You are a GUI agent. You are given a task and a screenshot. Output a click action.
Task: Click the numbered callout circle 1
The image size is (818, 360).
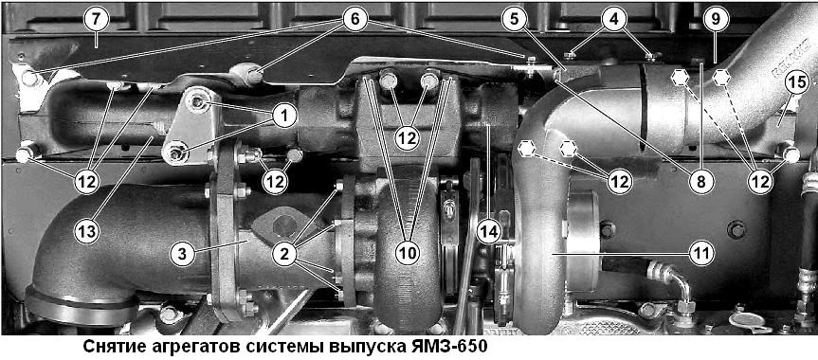click(x=283, y=116)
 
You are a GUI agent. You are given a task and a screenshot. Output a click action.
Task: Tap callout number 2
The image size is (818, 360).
click(x=285, y=255)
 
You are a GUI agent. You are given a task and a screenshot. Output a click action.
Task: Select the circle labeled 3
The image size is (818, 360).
click(x=184, y=255)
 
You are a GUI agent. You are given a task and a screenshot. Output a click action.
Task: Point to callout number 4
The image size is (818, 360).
click(x=612, y=19)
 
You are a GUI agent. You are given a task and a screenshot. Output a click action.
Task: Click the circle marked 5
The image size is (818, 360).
click(x=515, y=19)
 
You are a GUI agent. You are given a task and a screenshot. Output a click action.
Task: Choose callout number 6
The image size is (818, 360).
click(x=354, y=19)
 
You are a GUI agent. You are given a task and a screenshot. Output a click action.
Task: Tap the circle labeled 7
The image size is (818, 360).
click(x=96, y=19)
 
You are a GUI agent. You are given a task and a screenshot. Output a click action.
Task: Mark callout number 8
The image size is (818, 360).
click(x=700, y=181)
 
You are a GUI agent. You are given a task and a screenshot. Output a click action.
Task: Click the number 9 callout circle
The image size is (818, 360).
click(x=715, y=19)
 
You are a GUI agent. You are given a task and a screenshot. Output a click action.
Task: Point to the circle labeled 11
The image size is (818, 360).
click(x=700, y=255)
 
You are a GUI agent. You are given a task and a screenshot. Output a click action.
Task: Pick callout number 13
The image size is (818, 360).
click(x=86, y=231)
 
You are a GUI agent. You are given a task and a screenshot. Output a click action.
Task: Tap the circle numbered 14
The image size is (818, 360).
click(x=488, y=231)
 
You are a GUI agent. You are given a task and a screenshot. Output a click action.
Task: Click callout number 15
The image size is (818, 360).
click(x=795, y=83)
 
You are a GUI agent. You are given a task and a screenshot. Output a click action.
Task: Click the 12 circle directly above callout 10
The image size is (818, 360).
click(x=408, y=138)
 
